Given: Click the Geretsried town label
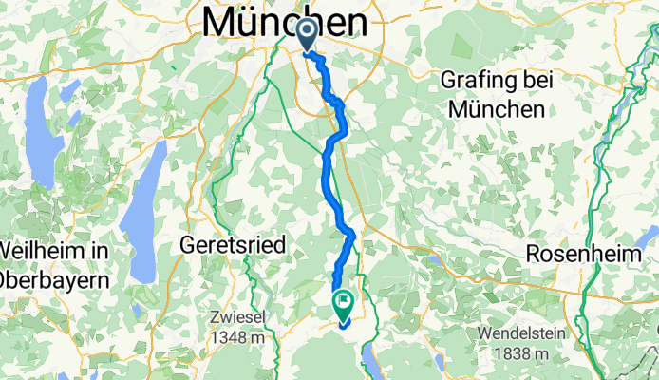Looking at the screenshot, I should pyautogui.click(x=233, y=245).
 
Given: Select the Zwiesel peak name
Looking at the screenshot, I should pyautogui.click(x=238, y=316).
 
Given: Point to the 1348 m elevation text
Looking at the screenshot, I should pyautogui.click(x=239, y=335).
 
